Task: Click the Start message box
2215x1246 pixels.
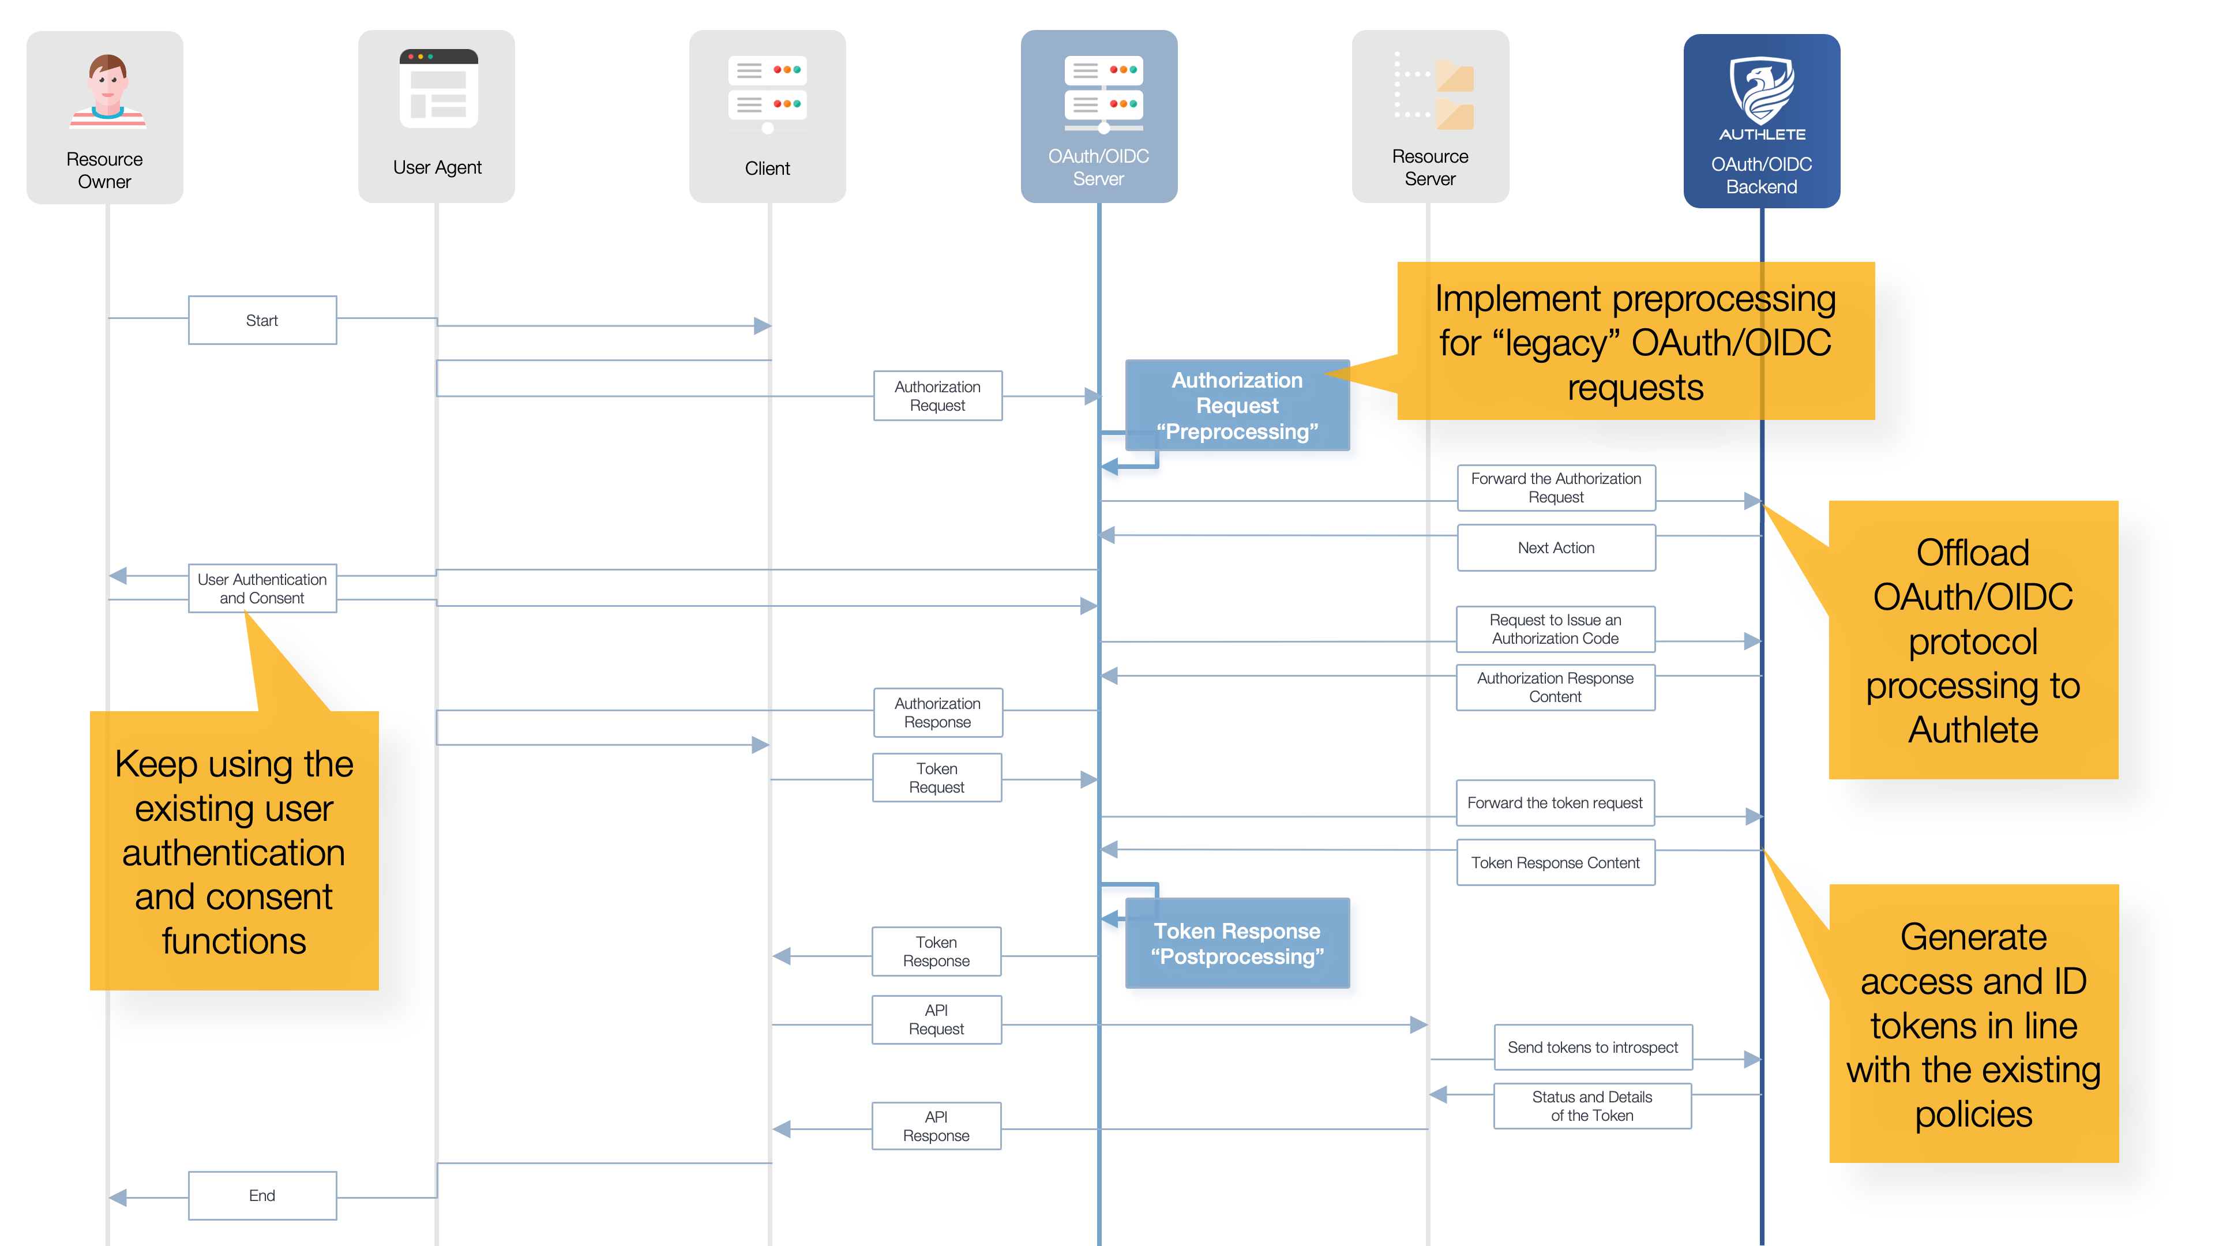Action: pos(262,320)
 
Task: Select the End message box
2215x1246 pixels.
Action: pos(262,1195)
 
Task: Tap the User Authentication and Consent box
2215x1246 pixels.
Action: pos(262,588)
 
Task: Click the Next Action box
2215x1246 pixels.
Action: pos(1556,548)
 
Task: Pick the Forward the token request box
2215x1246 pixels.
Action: pos(1556,802)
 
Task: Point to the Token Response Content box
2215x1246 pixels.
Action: pos(1556,862)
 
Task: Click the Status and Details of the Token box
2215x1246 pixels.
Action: pos(1593,1106)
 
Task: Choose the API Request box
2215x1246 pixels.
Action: pos(936,1020)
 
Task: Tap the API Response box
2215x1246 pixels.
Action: pos(936,1125)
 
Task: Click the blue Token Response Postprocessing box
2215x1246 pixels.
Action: pos(1237,943)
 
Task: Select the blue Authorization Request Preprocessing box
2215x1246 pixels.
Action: pos(1237,405)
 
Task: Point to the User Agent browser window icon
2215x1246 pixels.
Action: pos(438,89)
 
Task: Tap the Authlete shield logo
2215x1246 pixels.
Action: pos(1762,91)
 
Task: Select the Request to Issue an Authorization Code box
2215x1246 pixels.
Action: pos(1556,629)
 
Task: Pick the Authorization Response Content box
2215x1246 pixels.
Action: pos(1556,687)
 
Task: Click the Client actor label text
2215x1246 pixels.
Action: pos(767,168)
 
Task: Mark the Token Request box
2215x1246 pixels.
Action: pos(937,778)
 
